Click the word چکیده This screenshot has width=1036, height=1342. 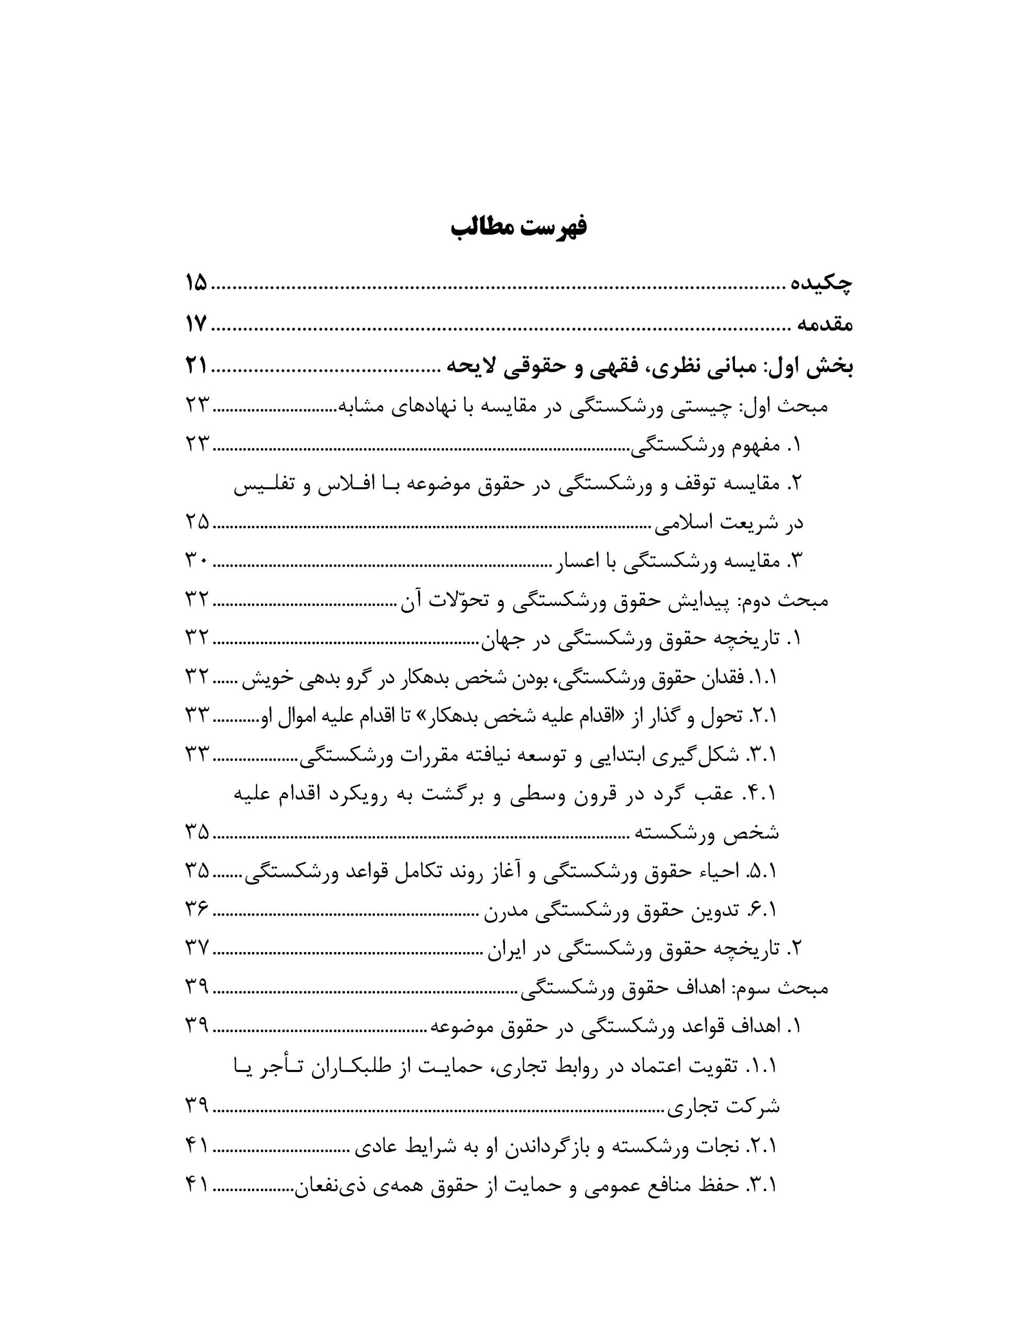coord(822,284)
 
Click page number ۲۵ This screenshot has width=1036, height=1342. coord(197,522)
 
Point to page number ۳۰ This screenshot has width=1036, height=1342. coord(197,560)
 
